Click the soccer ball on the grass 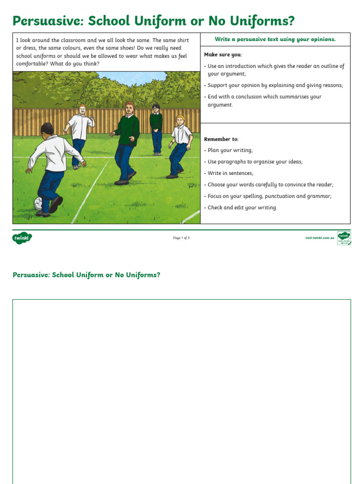[x=38, y=204]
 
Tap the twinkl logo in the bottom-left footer [x=22, y=238]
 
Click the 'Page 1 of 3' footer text [x=181, y=238]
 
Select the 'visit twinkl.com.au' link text [x=320, y=238]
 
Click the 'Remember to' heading [x=221, y=139]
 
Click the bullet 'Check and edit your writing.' [x=242, y=207]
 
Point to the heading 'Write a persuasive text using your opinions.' [x=275, y=39]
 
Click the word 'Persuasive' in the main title [x=47, y=21]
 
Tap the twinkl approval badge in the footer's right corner [x=344, y=238]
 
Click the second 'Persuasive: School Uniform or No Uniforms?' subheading [x=86, y=275]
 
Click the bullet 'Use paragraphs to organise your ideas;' [x=255, y=162]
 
